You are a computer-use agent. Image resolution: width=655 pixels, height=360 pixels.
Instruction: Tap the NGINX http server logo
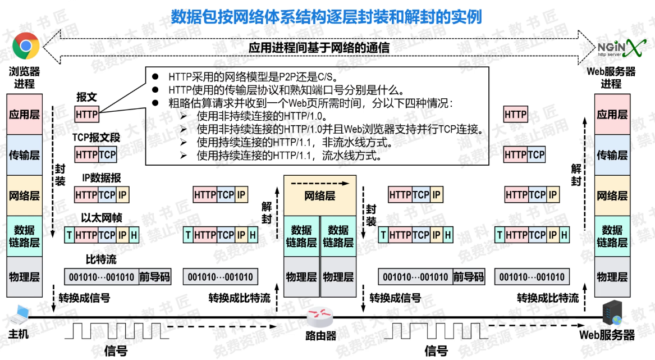pyautogui.click(x=619, y=48)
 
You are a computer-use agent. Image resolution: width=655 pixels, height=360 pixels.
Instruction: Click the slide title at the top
pyautogui.click(x=327, y=17)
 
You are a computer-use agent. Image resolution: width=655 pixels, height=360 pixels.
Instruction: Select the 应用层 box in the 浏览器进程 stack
pyautogui.click(x=24, y=115)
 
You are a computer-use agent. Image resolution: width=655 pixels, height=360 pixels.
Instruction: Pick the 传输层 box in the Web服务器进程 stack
pyautogui.click(x=612, y=155)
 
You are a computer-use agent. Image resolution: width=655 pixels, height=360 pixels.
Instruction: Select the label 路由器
pyautogui.click(x=320, y=336)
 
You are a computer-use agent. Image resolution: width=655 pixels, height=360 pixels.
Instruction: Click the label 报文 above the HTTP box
pyautogui.click(x=87, y=97)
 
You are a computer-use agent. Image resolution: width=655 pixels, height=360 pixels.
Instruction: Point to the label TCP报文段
pyautogui.click(x=96, y=137)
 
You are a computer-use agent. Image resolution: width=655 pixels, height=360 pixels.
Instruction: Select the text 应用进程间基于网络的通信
pyautogui.click(x=319, y=48)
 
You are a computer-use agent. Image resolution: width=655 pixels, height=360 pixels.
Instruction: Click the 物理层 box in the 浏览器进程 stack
pyautogui.click(x=24, y=277)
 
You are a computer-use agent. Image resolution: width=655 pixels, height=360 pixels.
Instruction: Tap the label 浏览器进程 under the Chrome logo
pyautogui.click(x=24, y=78)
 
